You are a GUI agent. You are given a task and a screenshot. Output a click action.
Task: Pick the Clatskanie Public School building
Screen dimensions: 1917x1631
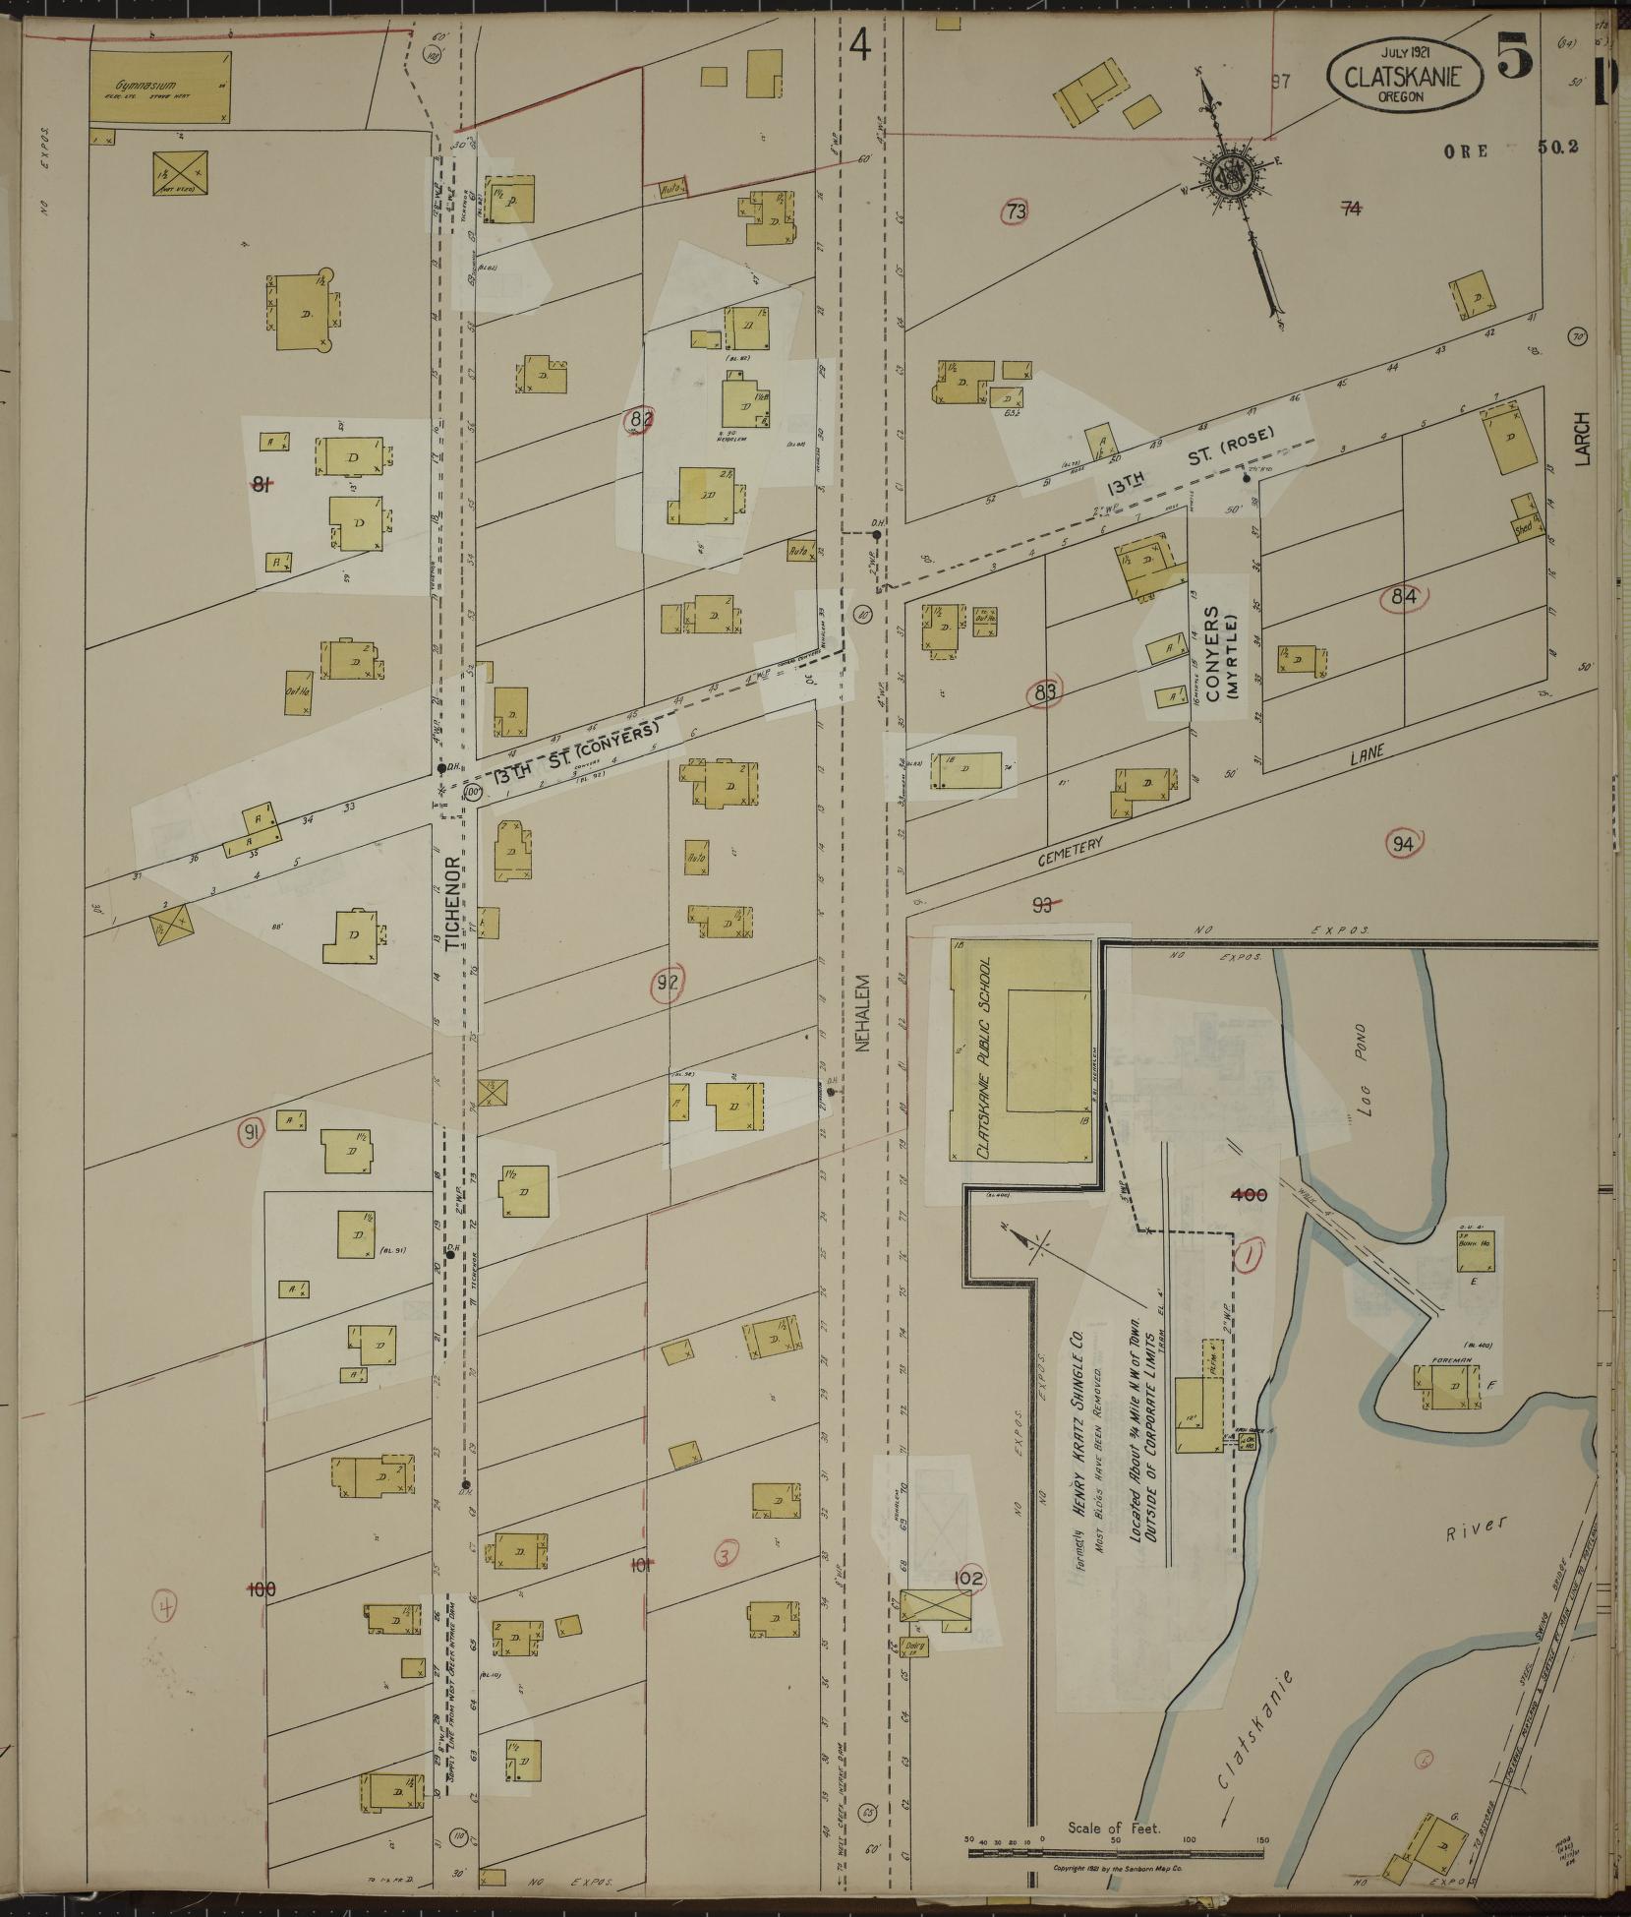click(1022, 1050)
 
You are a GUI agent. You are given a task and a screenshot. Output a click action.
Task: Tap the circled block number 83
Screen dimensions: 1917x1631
click(1045, 693)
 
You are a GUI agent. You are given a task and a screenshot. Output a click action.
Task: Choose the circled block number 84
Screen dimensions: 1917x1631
click(1403, 595)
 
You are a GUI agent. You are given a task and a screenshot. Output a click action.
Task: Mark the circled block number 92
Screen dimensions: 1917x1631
click(669, 981)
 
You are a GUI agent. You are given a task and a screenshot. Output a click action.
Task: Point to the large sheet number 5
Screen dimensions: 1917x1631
click(1514, 57)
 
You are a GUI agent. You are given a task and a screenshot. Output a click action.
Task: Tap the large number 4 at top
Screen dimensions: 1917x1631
click(860, 46)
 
